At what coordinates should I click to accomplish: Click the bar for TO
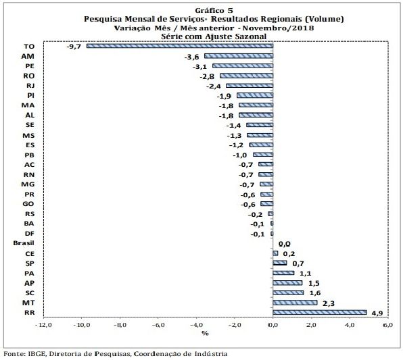click(x=180, y=46)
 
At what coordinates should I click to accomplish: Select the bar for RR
click(x=320, y=312)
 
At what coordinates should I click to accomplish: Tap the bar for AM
click(x=239, y=56)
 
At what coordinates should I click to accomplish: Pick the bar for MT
click(x=295, y=303)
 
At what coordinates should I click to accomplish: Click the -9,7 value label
click(x=74, y=47)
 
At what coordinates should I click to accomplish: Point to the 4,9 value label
click(x=377, y=313)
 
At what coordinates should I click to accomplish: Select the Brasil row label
click(x=24, y=243)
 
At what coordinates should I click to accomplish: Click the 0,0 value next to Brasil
click(x=285, y=244)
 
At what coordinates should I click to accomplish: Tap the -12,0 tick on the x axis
click(x=43, y=325)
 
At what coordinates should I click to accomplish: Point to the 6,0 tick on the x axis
click(x=388, y=325)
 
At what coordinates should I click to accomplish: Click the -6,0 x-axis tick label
click(x=158, y=325)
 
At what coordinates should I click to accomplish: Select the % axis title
click(x=205, y=334)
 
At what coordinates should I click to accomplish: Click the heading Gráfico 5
click(x=214, y=11)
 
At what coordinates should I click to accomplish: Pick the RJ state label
click(x=30, y=86)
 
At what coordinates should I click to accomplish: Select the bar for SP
click(x=280, y=263)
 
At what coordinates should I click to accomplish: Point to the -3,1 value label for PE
click(x=199, y=67)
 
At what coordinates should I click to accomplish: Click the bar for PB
click(x=263, y=155)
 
